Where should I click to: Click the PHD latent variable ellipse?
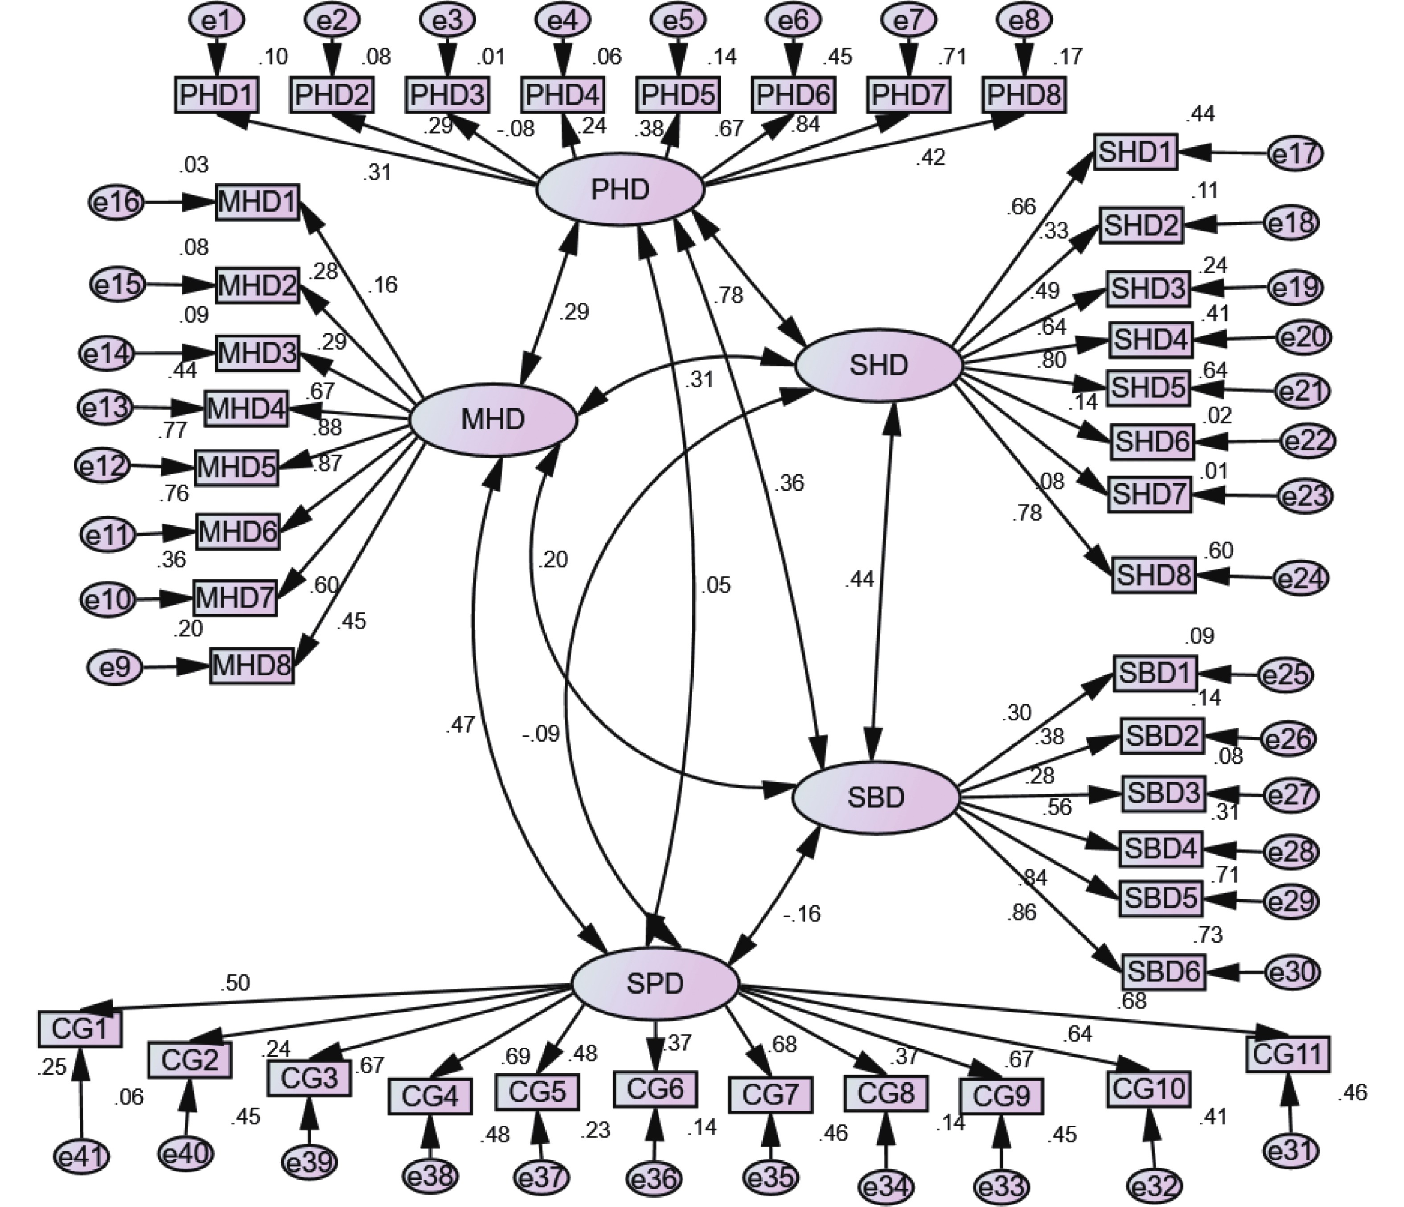coord(620,190)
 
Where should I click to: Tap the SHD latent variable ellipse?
coord(878,365)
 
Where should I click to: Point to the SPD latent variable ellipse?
coord(655,983)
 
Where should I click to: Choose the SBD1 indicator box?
coord(1155,673)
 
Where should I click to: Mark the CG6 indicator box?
coord(655,1089)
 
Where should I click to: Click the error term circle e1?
coord(217,21)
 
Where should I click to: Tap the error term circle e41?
coord(81,1156)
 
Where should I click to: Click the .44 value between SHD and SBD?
coord(859,579)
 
